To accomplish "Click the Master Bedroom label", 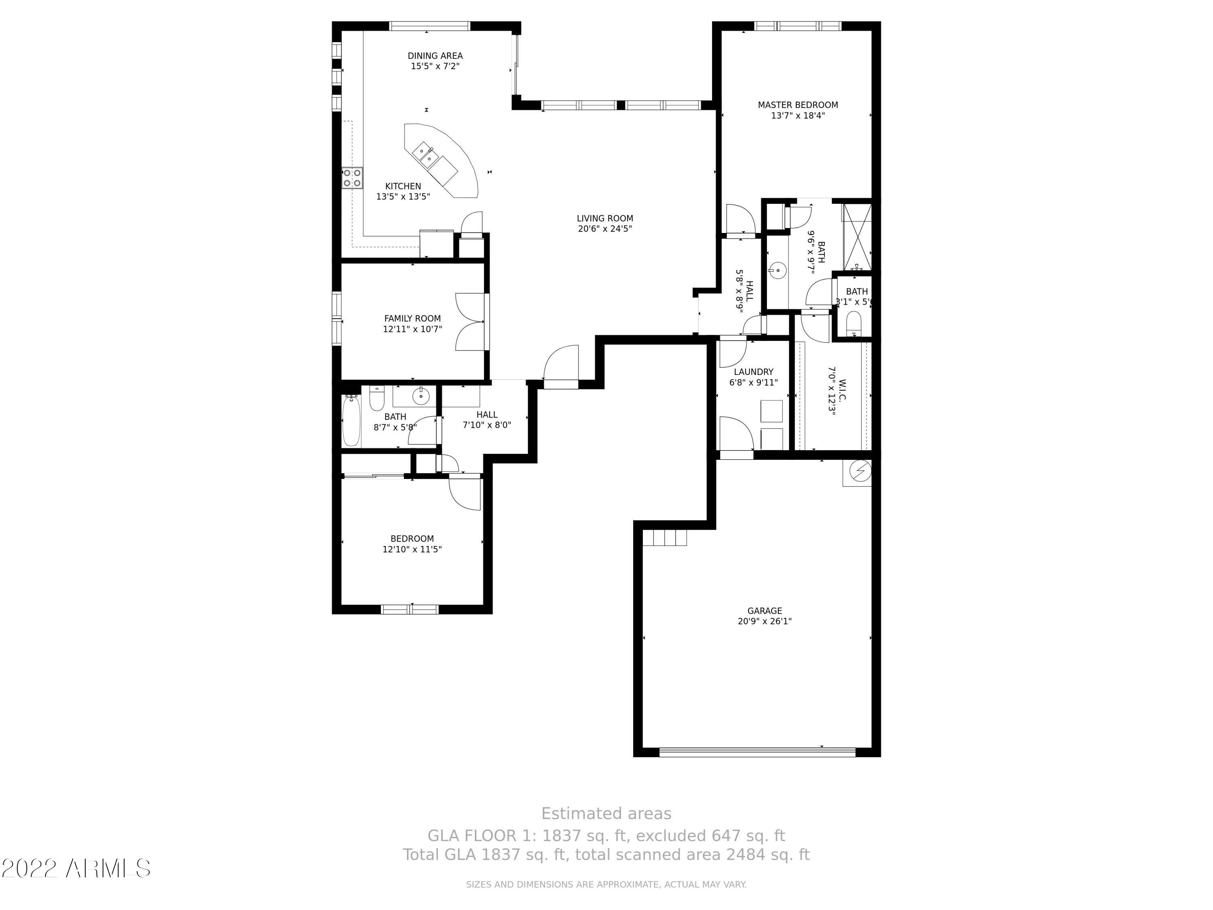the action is click(x=798, y=105).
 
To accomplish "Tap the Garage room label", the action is click(x=765, y=610).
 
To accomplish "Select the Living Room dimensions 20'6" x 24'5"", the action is click(x=605, y=229).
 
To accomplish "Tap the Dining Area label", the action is click(x=435, y=55).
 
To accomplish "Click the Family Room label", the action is click(x=412, y=318).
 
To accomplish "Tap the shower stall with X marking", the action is click(x=856, y=237).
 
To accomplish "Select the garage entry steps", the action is click(x=665, y=538).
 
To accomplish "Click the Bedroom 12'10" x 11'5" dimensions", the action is click(x=412, y=549).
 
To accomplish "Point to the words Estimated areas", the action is click(x=606, y=813).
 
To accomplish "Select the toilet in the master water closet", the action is click(x=854, y=323).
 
